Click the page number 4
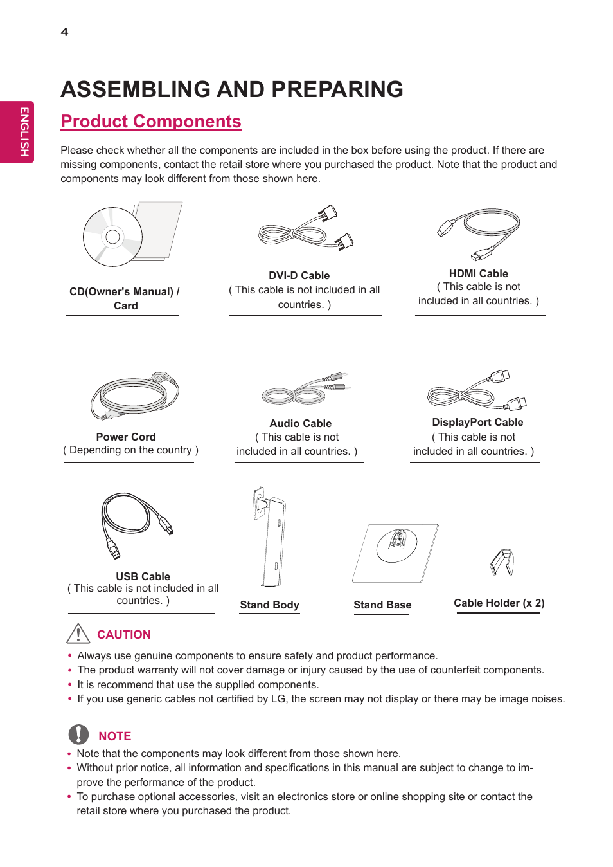pyautogui.click(x=64, y=32)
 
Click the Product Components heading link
pyautogui.click(x=151, y=122)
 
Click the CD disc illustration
pyautogui.click(x=113, y=237)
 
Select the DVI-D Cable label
pyautogui.click(x=299, y=275)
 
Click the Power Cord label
pyautogui.click(x=126, y=437)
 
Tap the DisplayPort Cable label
pyautogui.click(x=477, y=423)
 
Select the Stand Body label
pyautogui.click(x=269, y=605)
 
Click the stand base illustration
pyautogui.click(x=395, y=552)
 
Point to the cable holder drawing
pyautogui.click(x=502, y=562)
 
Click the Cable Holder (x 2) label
pyautogui.click(x=499, y=603)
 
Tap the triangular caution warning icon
pyautogui.click(x=78, y=634)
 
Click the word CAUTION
pyautogui.click(x=124, y=635)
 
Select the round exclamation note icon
pyautogui.click(x=78, y=735)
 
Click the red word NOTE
pyautogui.click(x=115, y=736)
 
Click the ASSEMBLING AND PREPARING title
pyautogui.click(x=232, y=89)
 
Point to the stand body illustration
pyautogui.click(x=271, y=537)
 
